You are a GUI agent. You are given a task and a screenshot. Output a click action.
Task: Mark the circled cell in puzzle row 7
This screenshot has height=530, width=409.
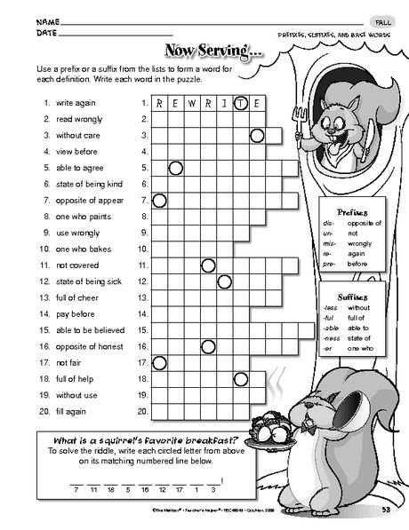click(x=160, y=200)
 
